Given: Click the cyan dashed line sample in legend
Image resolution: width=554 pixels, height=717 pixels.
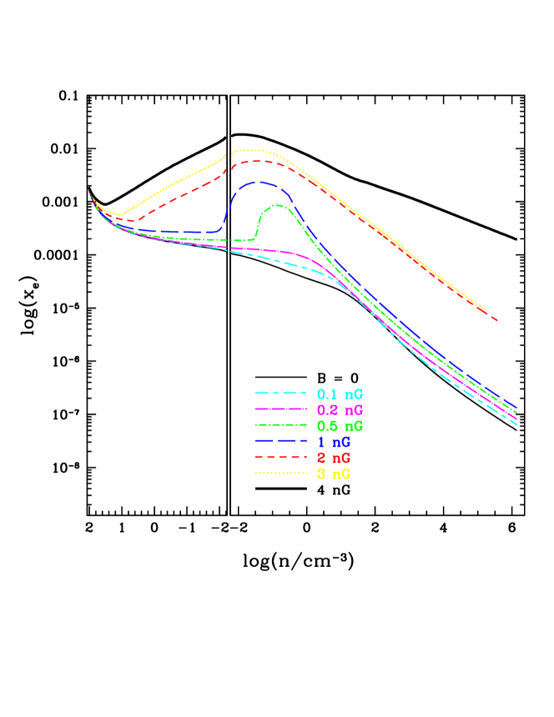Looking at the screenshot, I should point(282,394).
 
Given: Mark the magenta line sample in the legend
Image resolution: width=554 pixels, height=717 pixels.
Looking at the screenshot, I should point(282,409).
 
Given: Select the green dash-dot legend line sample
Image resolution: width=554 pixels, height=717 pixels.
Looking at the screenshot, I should point(282,425).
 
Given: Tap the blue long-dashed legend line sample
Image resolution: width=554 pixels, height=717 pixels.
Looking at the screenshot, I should point(282,441).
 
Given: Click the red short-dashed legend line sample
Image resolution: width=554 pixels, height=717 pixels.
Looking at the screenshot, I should point(282,458).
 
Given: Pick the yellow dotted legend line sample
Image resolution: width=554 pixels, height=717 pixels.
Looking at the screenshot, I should point(282,474).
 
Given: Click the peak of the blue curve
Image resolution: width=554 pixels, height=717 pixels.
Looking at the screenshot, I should point(259,181).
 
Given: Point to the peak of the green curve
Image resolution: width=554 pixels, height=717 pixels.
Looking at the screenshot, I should point(277,205).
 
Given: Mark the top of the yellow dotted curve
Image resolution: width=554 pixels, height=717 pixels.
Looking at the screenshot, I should point(250,149).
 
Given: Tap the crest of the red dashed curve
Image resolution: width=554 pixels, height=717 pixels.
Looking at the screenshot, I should point(255,160).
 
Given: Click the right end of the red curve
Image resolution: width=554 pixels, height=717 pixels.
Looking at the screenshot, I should point(498,320).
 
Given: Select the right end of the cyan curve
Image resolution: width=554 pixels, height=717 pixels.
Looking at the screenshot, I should point(517,424).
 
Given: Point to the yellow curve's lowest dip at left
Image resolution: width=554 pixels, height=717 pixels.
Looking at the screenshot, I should point(119,215).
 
